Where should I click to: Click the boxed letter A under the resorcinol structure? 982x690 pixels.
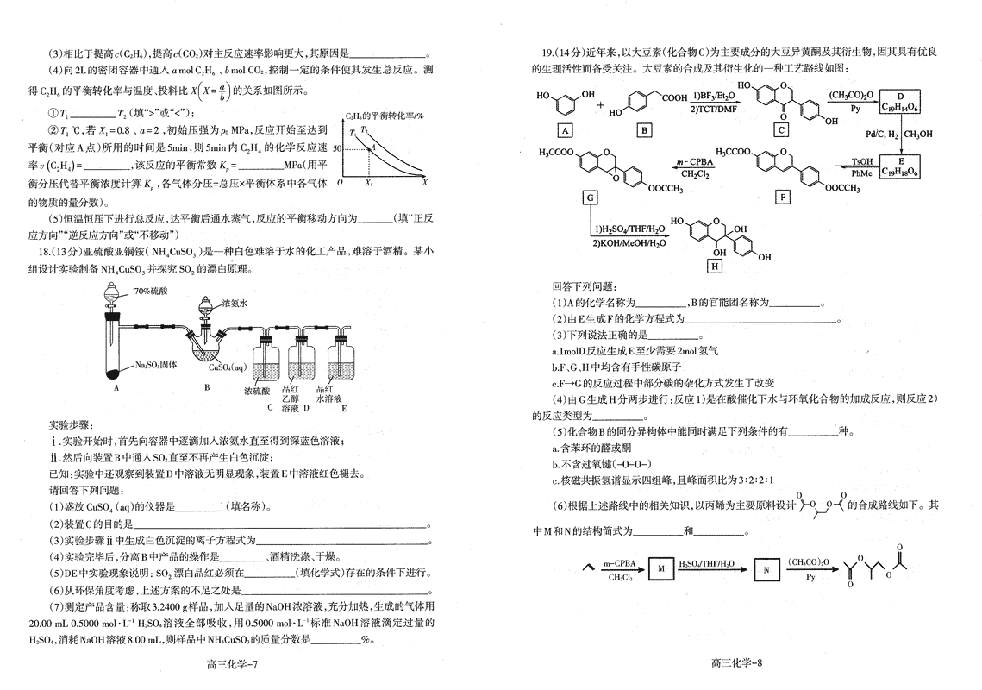click(x=565, y=130)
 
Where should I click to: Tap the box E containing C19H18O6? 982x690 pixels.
click(x=901, y=166)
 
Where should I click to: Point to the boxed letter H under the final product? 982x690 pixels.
click(x=714, y=267)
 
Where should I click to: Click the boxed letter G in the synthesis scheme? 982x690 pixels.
click(x=591, y=198)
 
